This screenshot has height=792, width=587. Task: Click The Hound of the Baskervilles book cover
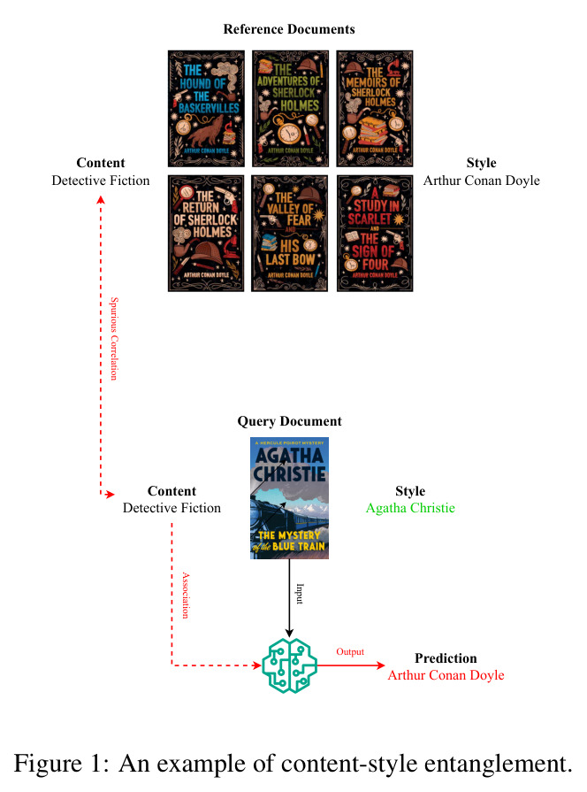pyautogui.click(x=206, y=109)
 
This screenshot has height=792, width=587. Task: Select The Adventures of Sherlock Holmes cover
pyautogui.click(x=290, y=109)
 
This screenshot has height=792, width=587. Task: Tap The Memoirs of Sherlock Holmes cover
pyautogui.click(x=375, y=109)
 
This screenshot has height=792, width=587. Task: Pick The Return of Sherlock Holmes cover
pyautogui.click(x=206, y=234)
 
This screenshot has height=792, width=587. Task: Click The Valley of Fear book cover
pyautogui.click(x=290, y=234)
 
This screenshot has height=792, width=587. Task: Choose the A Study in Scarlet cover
pyautogui.click(x=375, y=234)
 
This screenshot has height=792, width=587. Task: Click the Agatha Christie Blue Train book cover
pyautogui.click(x=289, y=498)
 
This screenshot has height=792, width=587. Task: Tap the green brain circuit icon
pyautogui.click(x=289, y=665)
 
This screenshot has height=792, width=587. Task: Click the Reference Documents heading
pyautogui.click(x=289, y=29)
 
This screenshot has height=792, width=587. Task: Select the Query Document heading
pyautogui.click(x=290, y=421)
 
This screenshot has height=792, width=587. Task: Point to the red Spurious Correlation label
pyautogui.click(x=115, y=339)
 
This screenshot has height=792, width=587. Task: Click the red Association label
pyautogui.click(x=186, y=596)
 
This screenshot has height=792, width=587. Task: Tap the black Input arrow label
pyautogui.click(x=300, y=594)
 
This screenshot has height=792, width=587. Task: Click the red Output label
pyautogui.click(x=350, y=651)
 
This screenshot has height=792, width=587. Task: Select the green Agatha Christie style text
pyautogui.click(x=410, y=508)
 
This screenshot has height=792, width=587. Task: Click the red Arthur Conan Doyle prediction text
pyautogui.click(x=446, y=675)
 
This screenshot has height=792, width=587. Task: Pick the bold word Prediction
pyautogui.click(x=446, y=658)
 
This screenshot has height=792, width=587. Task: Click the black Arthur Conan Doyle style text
pyautogui.click(x=482, y=181)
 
